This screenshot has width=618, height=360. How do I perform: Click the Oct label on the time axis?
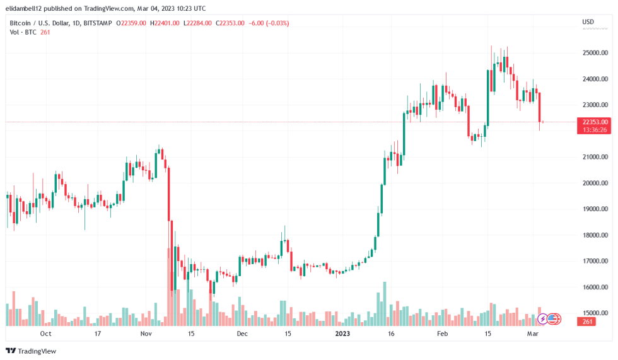45,334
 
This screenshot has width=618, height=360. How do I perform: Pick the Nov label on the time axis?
146,334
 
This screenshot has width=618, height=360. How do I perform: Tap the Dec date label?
243,334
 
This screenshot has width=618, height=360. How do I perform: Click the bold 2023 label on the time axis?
342,334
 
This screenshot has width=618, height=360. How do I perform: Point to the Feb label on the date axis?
442,334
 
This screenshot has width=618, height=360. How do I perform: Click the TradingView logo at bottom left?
31,351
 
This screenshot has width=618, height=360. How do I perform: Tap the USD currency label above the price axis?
587,23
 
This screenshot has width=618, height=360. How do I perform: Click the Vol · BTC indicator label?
23,32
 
